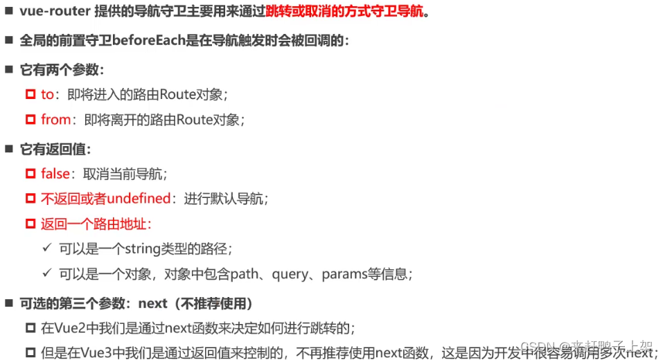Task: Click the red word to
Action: tap(47, 94)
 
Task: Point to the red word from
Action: tap(55, 119)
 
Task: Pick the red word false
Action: tap(55, 173)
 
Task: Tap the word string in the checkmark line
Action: tap(143, 249)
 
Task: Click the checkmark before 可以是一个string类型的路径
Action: tap(47, 248)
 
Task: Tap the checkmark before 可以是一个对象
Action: tap(47, 273)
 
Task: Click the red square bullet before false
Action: tap(30, 173)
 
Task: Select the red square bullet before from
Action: tap(30, 119)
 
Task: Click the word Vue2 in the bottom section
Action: tap(69, 328)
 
